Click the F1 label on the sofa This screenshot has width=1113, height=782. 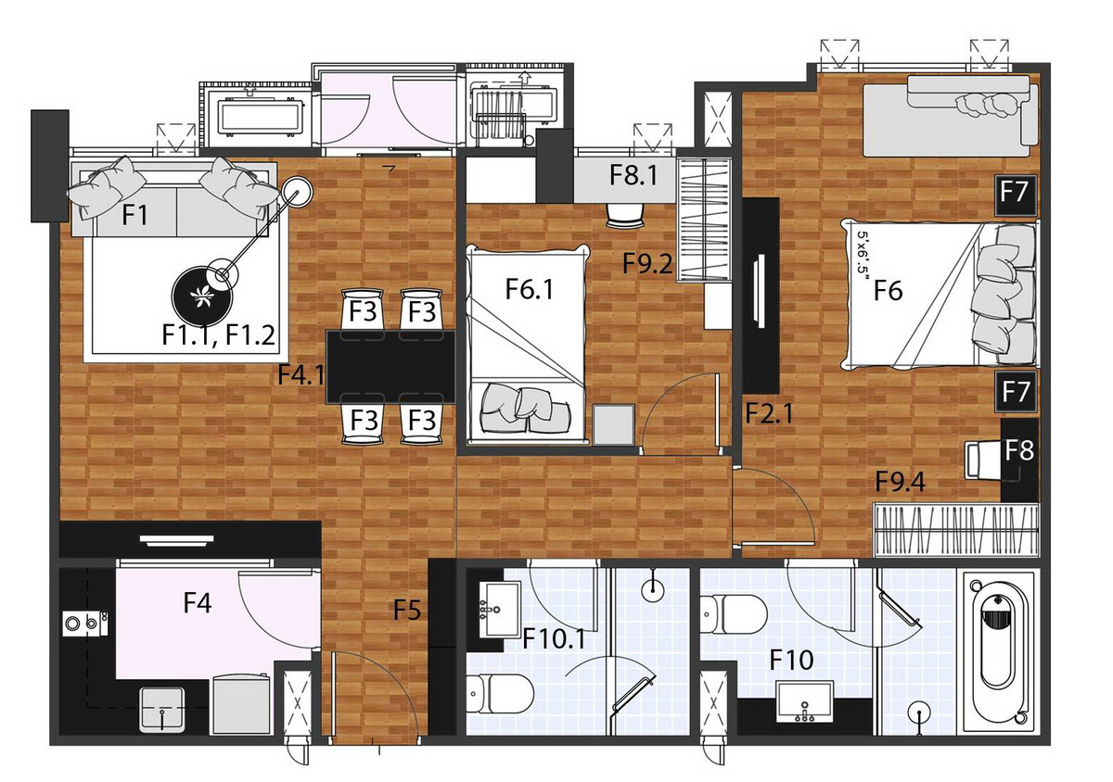(x=134, y=215)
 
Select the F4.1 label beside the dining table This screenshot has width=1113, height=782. (x=301, y=374)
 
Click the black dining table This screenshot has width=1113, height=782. (x=391, y=367)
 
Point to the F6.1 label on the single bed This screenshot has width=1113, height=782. (x=530, y=289)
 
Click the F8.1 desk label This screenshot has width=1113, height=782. (x=633, y=175)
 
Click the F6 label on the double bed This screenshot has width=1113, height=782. (x=888, y=290)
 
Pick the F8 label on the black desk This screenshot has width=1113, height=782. (x=1019, y=450)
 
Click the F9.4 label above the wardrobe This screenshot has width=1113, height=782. (x=901, y=482)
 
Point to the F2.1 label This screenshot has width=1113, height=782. (x=769, y=413)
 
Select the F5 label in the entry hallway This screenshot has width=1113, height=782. (x=407, y=610)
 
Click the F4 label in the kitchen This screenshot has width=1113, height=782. (x=198, y=603)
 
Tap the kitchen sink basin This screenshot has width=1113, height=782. (x=161, y=709)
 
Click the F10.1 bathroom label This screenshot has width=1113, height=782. (x=554, y=638)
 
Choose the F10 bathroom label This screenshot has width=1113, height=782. (x=791, y=660)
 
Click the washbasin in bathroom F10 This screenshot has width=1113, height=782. (x=805, y=701)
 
